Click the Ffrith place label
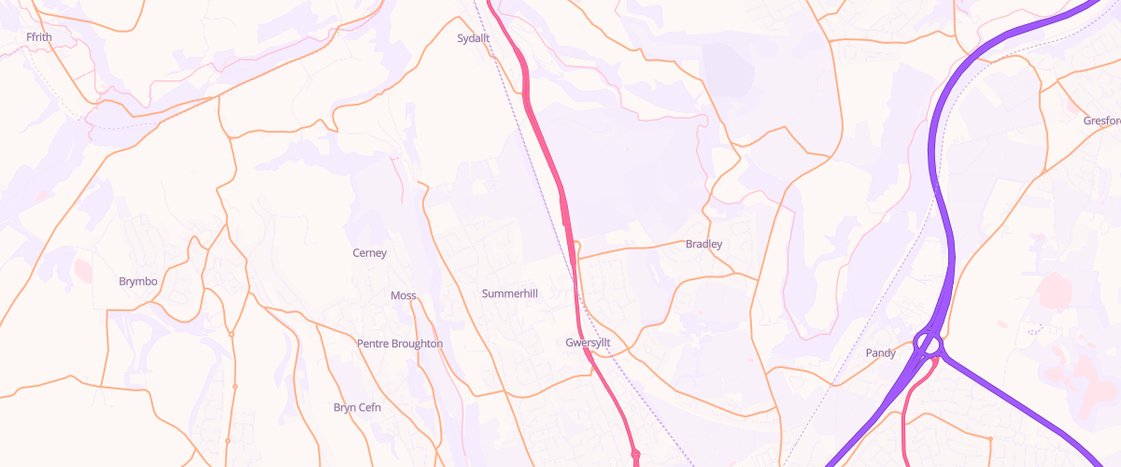pyautogui.click(x=40, y=36)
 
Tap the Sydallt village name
pyautogui.click(x=474, y=38)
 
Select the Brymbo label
pyautogui.click(x=138, y=281)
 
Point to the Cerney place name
pyautogui.click(x=369, y=253)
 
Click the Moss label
pyautogui.click(x=404, y=295)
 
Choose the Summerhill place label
pyautogui.click(x=510, y=293)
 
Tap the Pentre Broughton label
pyautogui.click(x=400, y=344)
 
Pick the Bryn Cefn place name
pyautogui.click(x=358, y=407)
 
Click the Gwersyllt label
pyautogui.click(x=588, y=343)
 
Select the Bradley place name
pyautogui.click(x=704, y=244)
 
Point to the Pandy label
pyautogui.click(x=881, y=353)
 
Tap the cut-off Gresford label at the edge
pyautogui.click(x=1101, y=120)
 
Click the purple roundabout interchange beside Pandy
pyautogui.click(x=928, y=345)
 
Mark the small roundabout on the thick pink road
pyautogui.click(x=635, y=455)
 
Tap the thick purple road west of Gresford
pyautogui.click(x=939, y=140)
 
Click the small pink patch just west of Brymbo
pyautogui.click(x=82, y=271)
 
